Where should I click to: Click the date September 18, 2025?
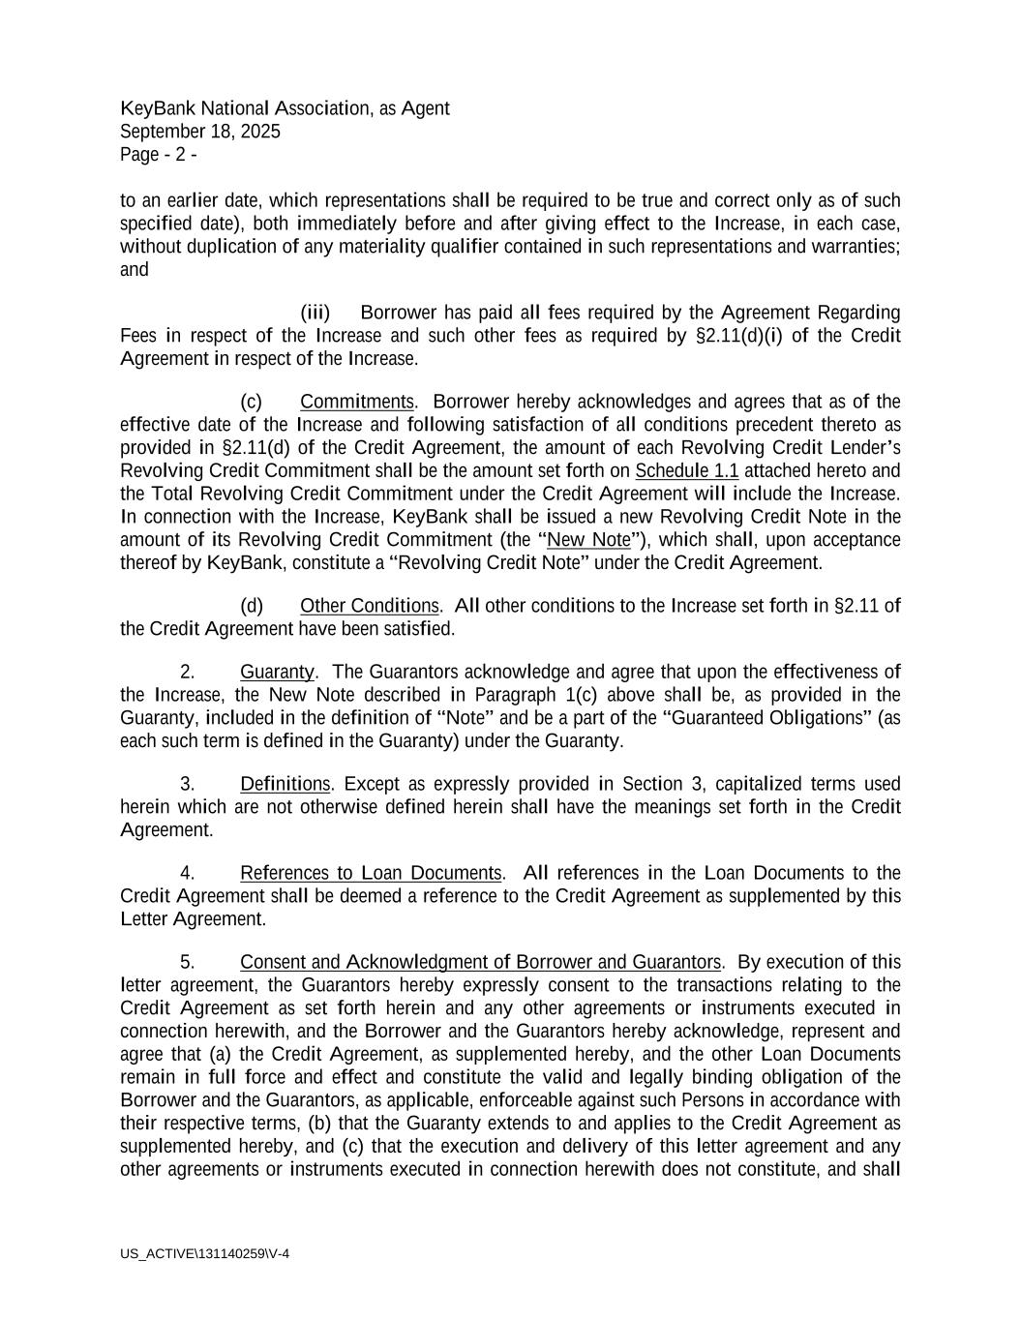tap(200, 132)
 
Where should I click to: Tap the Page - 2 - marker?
tap(159, 155)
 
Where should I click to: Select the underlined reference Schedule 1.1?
tap(687, 471)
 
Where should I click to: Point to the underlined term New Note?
tap(588, 540)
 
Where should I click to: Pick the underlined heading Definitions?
tap(285, 784)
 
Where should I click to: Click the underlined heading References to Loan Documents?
tap(371, 873)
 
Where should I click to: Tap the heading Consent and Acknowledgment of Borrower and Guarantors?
tap(480, 962)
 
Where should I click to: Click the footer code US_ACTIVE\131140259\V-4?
tap(205, 1254)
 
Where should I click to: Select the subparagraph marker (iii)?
tap(315, 313)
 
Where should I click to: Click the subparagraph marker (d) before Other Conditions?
tap(251, 606)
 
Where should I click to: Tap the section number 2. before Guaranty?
tap(189, 672)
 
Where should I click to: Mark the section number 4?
tap(189, 873)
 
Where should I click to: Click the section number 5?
tap(189, 962)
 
